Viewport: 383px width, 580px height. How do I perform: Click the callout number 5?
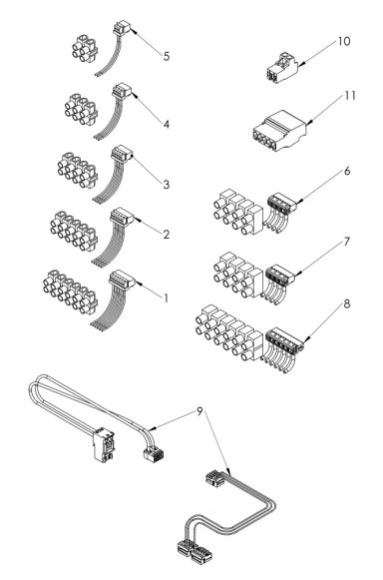(x=167, y=55)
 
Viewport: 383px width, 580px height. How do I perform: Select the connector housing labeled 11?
(x=277, y=129)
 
